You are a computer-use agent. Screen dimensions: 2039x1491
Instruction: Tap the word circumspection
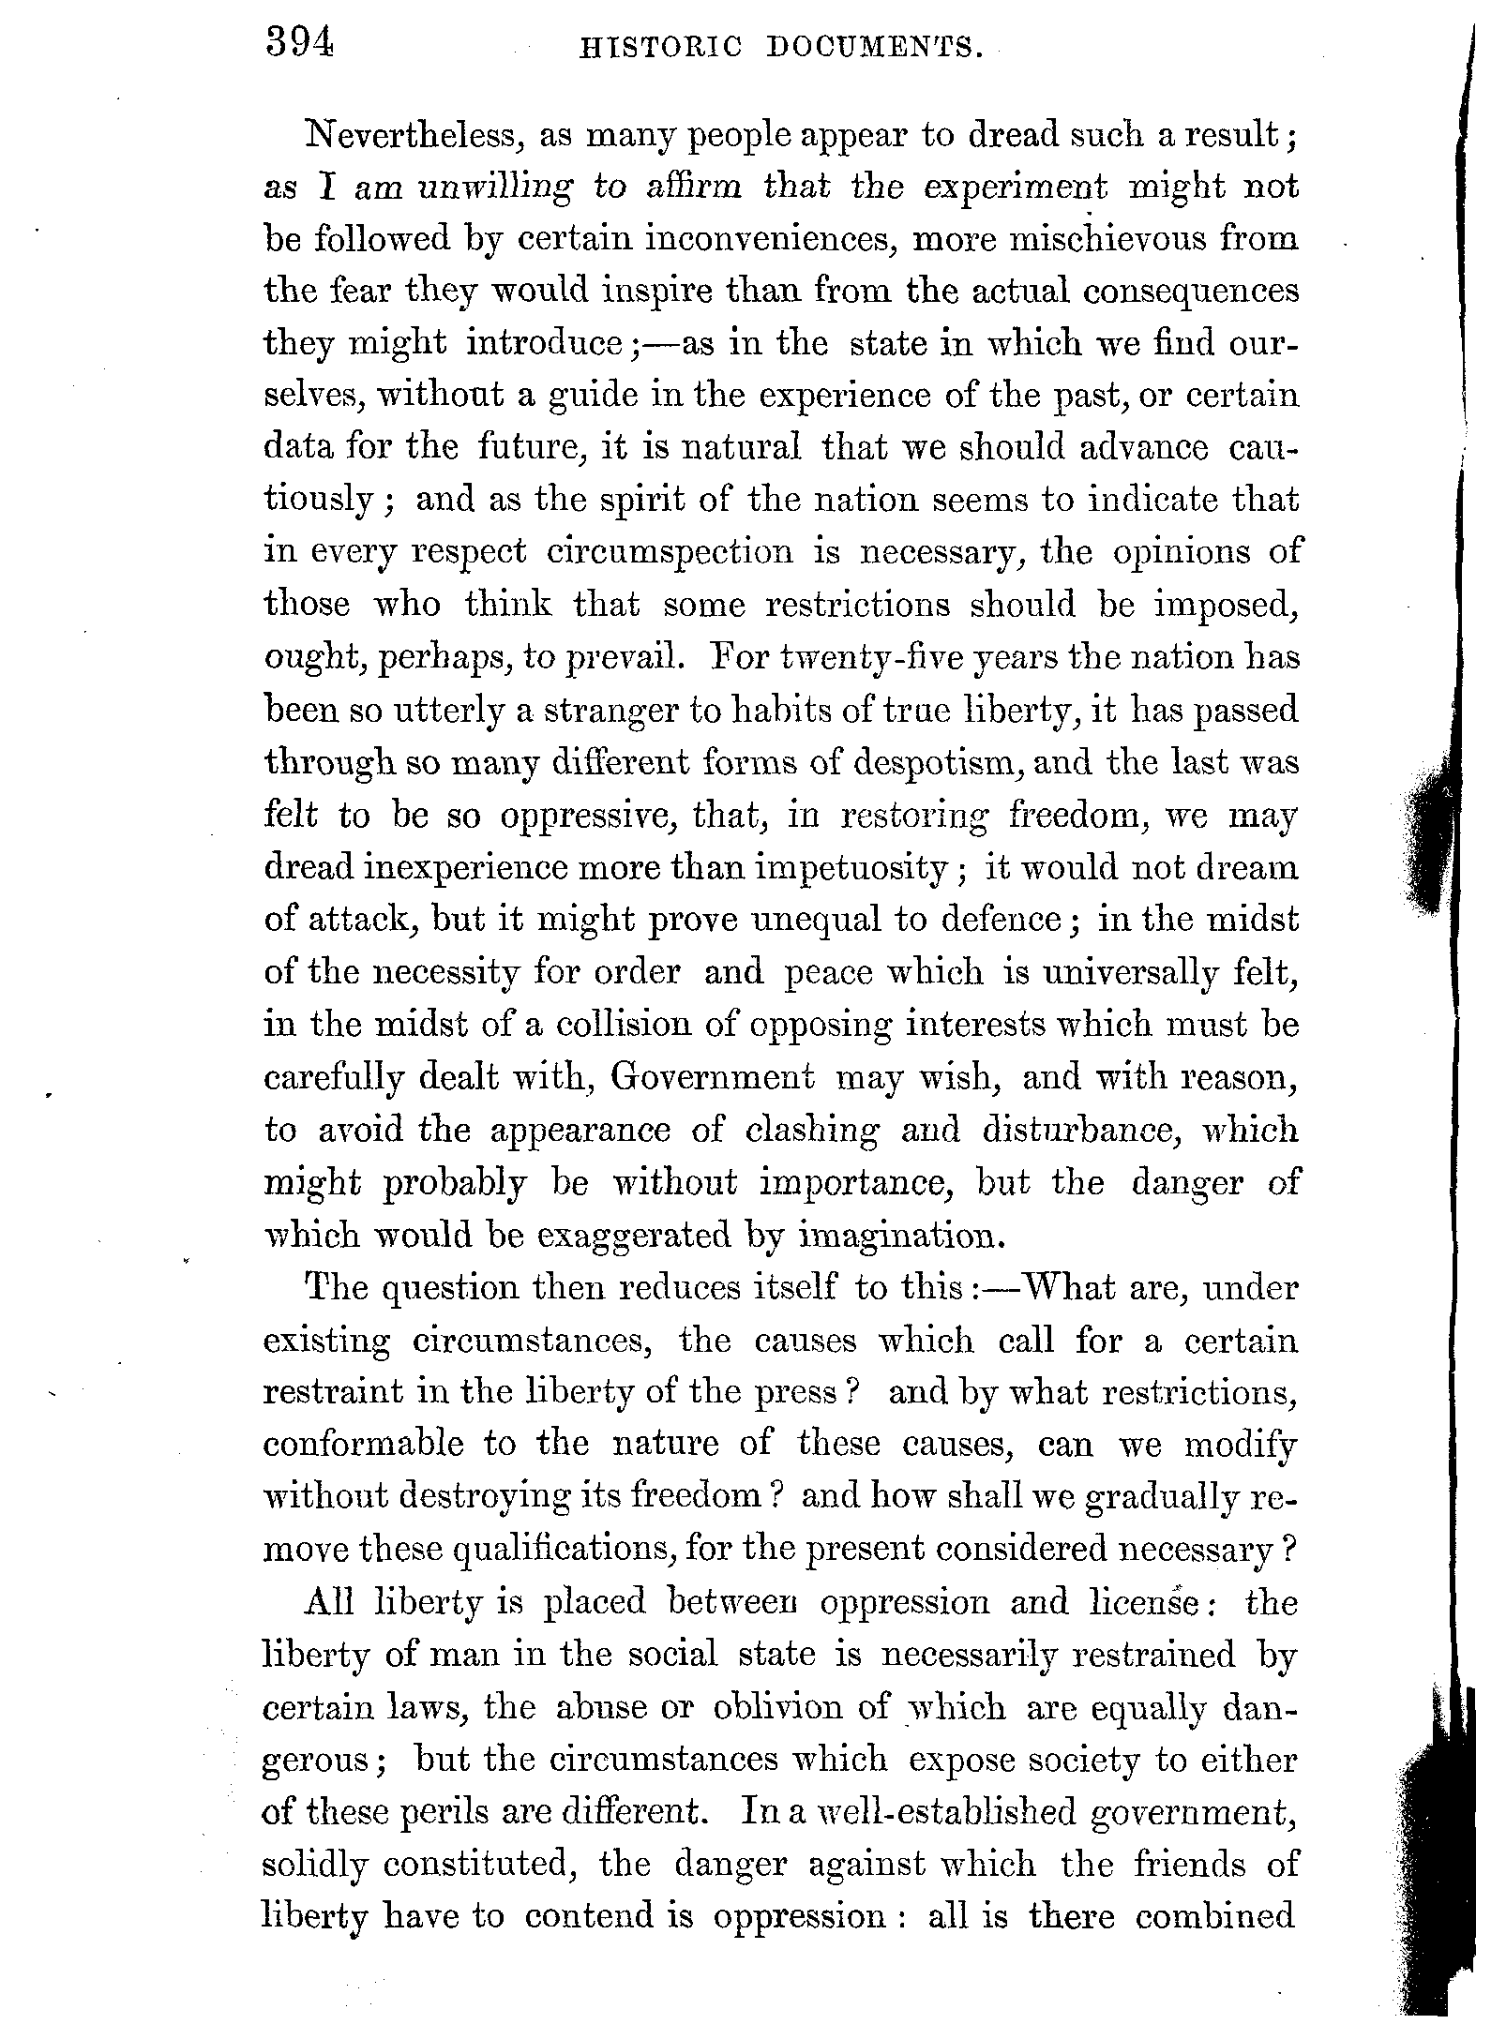pos(669,551)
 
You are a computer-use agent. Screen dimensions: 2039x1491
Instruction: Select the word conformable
pos(363,1445)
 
